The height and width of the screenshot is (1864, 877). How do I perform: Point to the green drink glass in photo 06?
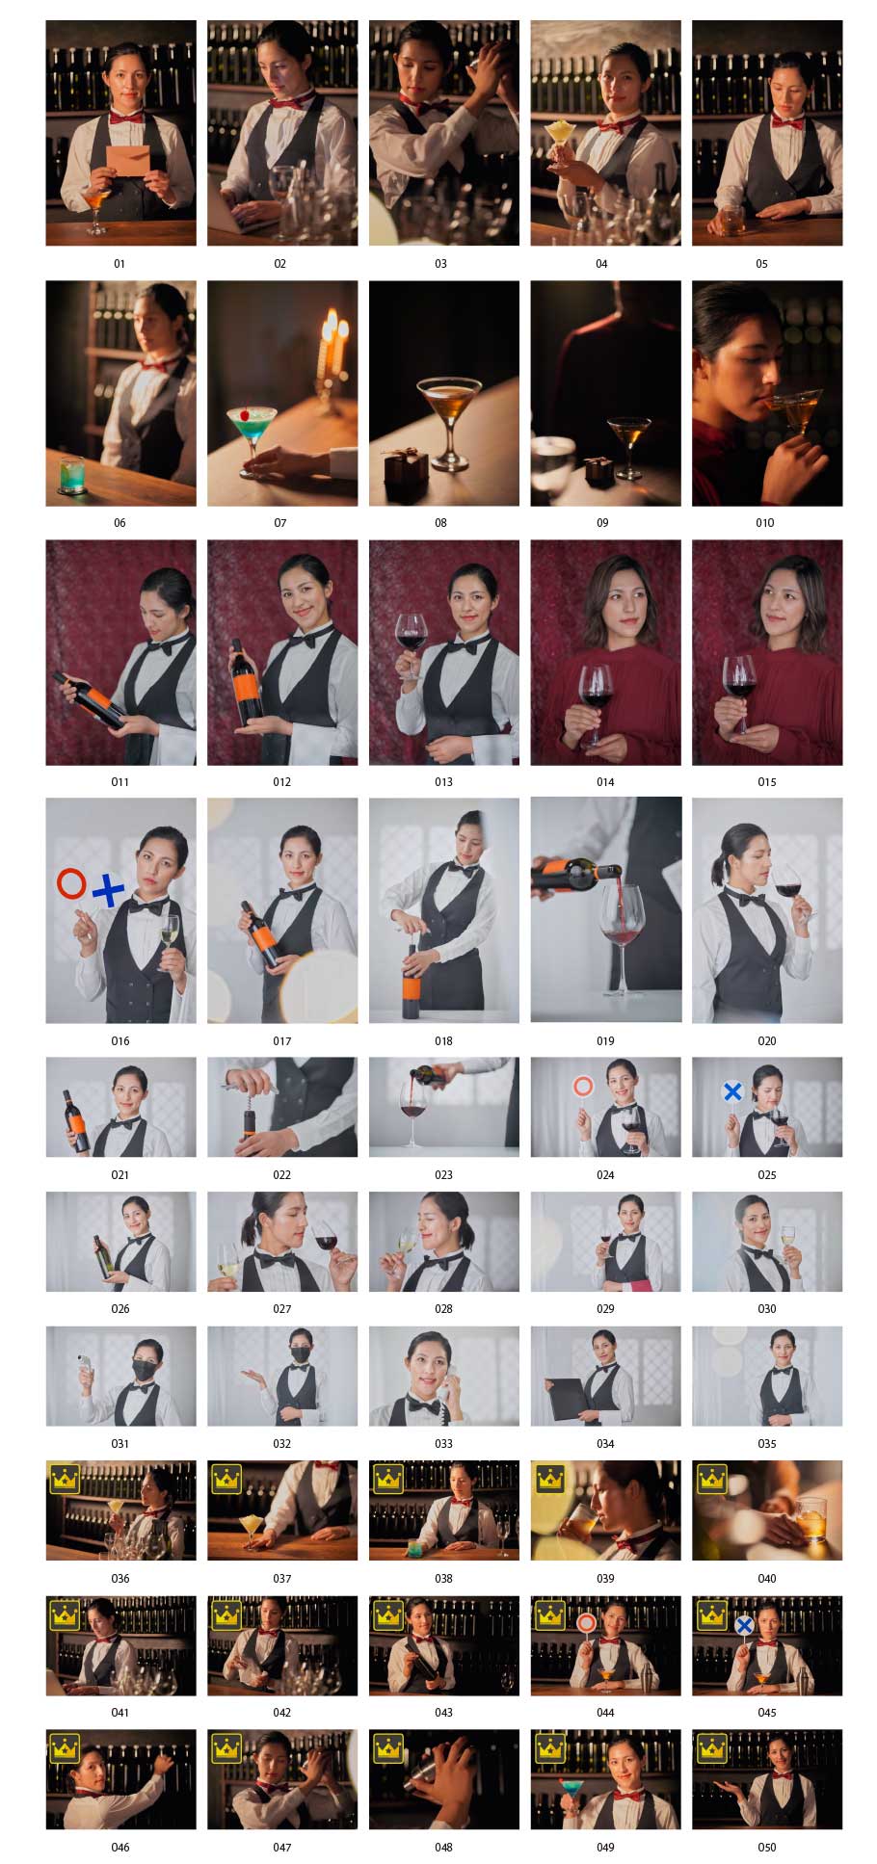(x=72, y=475)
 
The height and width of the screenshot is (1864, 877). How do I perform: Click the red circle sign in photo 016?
(x=71, y=883)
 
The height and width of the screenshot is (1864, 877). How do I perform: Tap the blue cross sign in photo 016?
(x=109, y=890)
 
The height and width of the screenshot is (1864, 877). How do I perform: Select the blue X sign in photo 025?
(x=733, y=1091)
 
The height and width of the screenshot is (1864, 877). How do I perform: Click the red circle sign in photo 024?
(x=583, y=1088)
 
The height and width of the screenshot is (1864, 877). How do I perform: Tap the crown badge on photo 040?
(x=712, y=1478)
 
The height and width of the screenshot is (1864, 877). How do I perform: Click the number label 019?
(x=605, y=1040)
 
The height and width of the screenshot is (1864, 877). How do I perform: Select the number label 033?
(x=443, y=1443)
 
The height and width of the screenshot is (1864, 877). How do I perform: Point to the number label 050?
(x=766, y=1847)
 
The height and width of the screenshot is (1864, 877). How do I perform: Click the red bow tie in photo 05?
(x=788, y=122)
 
